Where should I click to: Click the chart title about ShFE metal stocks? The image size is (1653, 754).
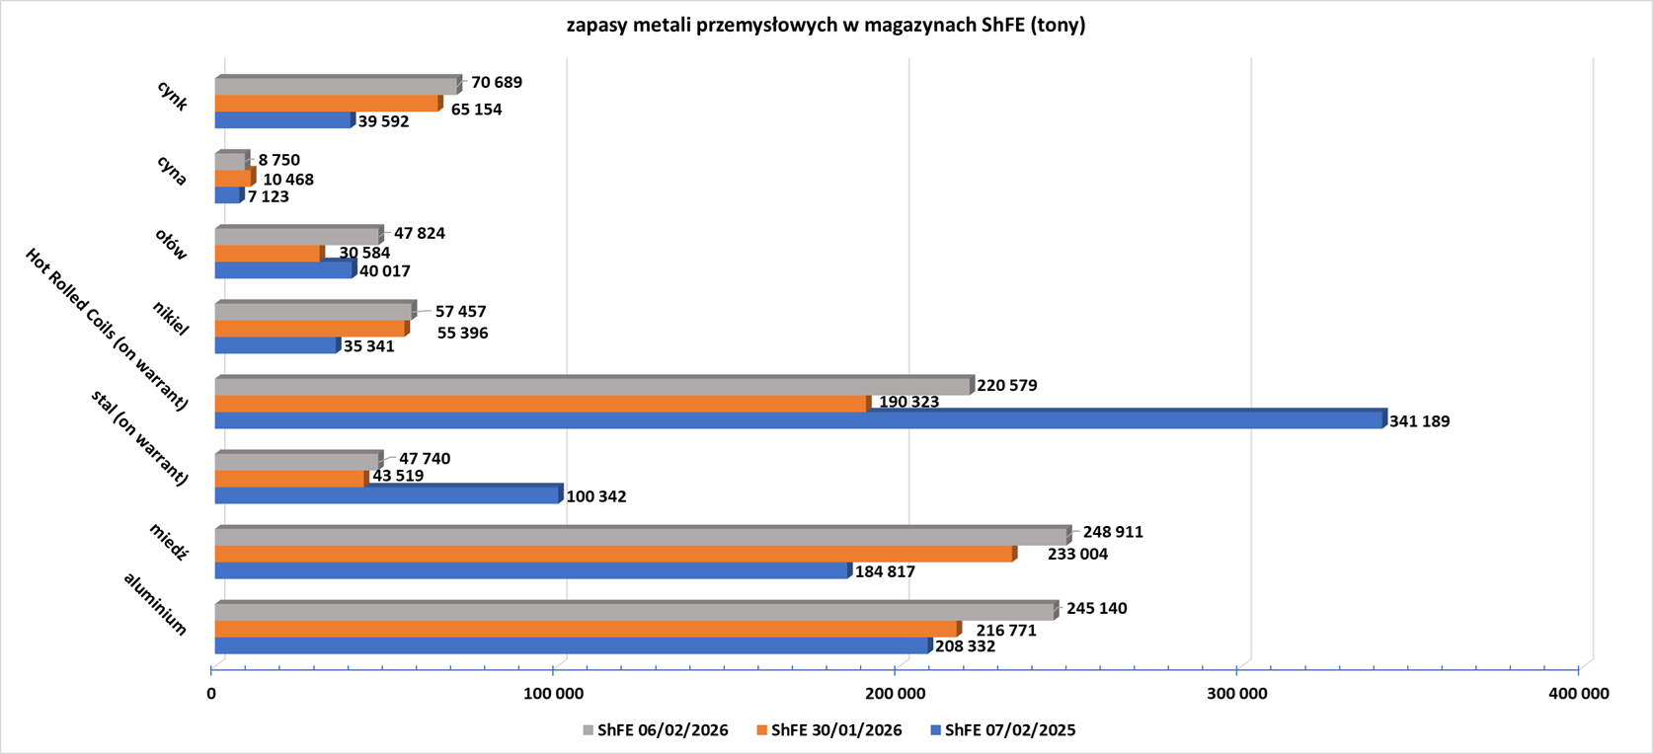pyautogui.click(x=826, y=25)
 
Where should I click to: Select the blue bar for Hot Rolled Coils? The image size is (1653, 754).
pyautogui.click(x=801, y=419)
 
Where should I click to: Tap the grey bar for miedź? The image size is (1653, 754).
pyautogui.click(x=643, y=536)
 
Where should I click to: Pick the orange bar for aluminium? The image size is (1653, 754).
pyautogui.click(x=589, y=629)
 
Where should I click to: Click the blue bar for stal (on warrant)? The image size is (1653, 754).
pyautogui.click(x=389, y=494)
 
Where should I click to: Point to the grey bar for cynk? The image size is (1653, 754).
pyautogui.click(x=338, y=86)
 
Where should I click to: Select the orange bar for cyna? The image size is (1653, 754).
pyautogui.click(x=235, y=178)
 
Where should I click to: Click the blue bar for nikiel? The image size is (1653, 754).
pyautogui.click(x=277, y=344)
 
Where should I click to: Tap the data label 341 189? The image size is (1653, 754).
pyautogui.click(x=1420, y=421)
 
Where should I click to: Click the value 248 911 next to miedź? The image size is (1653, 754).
pyautogui.click(x=1113, y=532)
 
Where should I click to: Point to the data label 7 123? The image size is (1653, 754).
pyautogui.click(x=268, y=197)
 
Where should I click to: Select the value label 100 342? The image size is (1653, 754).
pyautogui.click(x=596, y=496)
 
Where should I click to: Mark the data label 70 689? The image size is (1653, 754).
pyautogui.click(x=497, y=82)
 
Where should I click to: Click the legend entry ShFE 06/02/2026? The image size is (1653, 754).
pyautogui.click(x=656, y=730)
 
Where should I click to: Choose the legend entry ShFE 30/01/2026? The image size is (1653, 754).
pyautogui.click(x=829, y=730)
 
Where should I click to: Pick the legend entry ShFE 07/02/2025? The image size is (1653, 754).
pyautogui.click(x=1003, y=730)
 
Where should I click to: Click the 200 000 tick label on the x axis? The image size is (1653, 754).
pyautogui.click(x=896, y=694)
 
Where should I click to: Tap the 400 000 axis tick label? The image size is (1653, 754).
pyautogui.click(x=1579, y=694)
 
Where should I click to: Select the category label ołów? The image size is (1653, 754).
pyautogui.click(x=171, y=244)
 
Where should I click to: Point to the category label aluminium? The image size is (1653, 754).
pyautogui.click(x=155, y=604)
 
